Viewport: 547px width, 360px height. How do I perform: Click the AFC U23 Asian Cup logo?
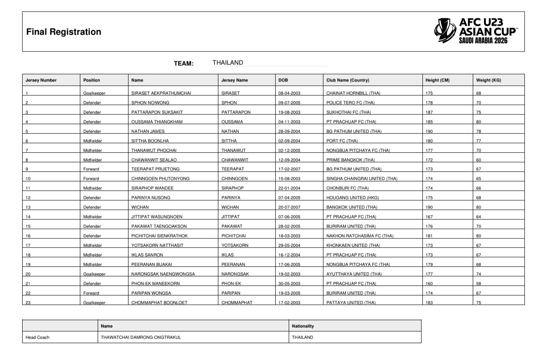click(x=475, y=31)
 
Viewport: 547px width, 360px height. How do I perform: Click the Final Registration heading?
click(x=63, y=32)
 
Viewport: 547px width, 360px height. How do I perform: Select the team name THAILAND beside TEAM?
click(x=227, y=63)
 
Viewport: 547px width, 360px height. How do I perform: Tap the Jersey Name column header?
click(x=234, y=80)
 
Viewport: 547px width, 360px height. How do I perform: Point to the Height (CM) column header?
click(x=437, y=80)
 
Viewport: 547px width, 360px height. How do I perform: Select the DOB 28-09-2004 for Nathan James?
click(x=290, y=131)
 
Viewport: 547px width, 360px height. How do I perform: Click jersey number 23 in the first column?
click(x=28, y=303)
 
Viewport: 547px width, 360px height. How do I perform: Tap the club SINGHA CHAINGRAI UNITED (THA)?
click(x=362, y=179)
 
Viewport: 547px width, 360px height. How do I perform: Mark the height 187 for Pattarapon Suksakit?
click(x=429, y=112)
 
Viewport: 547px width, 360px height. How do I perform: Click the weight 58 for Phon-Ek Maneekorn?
click(x=479, y=284)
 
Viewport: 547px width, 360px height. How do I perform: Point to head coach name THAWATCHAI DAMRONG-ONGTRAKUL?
click(x=141, y=337)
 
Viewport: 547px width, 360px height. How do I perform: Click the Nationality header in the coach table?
click(x=303, y=326)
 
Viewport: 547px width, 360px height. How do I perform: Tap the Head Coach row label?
click(x=38, y=337)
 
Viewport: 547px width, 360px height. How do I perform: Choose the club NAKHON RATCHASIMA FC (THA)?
click(x=359, y=236)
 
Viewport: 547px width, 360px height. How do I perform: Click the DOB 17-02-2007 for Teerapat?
click(x=290, y=169)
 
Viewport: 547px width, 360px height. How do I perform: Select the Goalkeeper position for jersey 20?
click(x=94, y=274)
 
